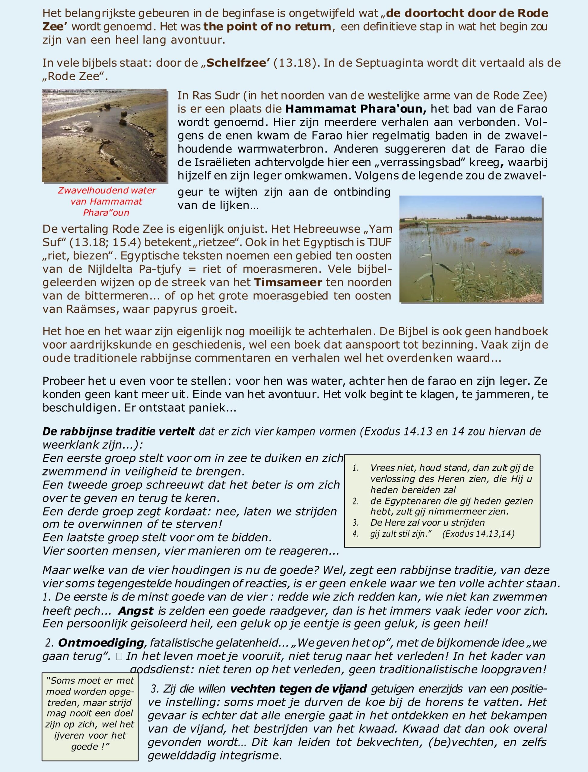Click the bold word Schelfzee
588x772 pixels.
pyautogui.click(x=238, y=63)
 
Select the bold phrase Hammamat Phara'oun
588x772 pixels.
pyautogui.click(x=356, y=109)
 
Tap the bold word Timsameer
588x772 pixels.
pyautogui.click(x=288, y=282)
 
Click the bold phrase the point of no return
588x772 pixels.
pyautogui.click(x=267, y=27)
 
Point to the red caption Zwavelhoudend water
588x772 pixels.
pyautogui.click(x=107, y=190)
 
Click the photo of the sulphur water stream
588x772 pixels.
pyautogui.click(x=104, y=135)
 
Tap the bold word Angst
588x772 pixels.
pyautogui.click(x=136, y=611)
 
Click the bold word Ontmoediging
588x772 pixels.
pyautogui.click(x=101, y=643)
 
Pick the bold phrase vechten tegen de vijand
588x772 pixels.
pyautogui.click(x=299, y=689)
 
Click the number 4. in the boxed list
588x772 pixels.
pyautogui.click(x=356, y=534)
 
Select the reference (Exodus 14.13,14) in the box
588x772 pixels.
pyautogui.click(x=478, y=534)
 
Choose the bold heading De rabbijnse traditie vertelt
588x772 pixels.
pyautogui.click(x=119, y=431)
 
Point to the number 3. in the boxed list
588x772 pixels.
pyautogui.click(x=356, y=523)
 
